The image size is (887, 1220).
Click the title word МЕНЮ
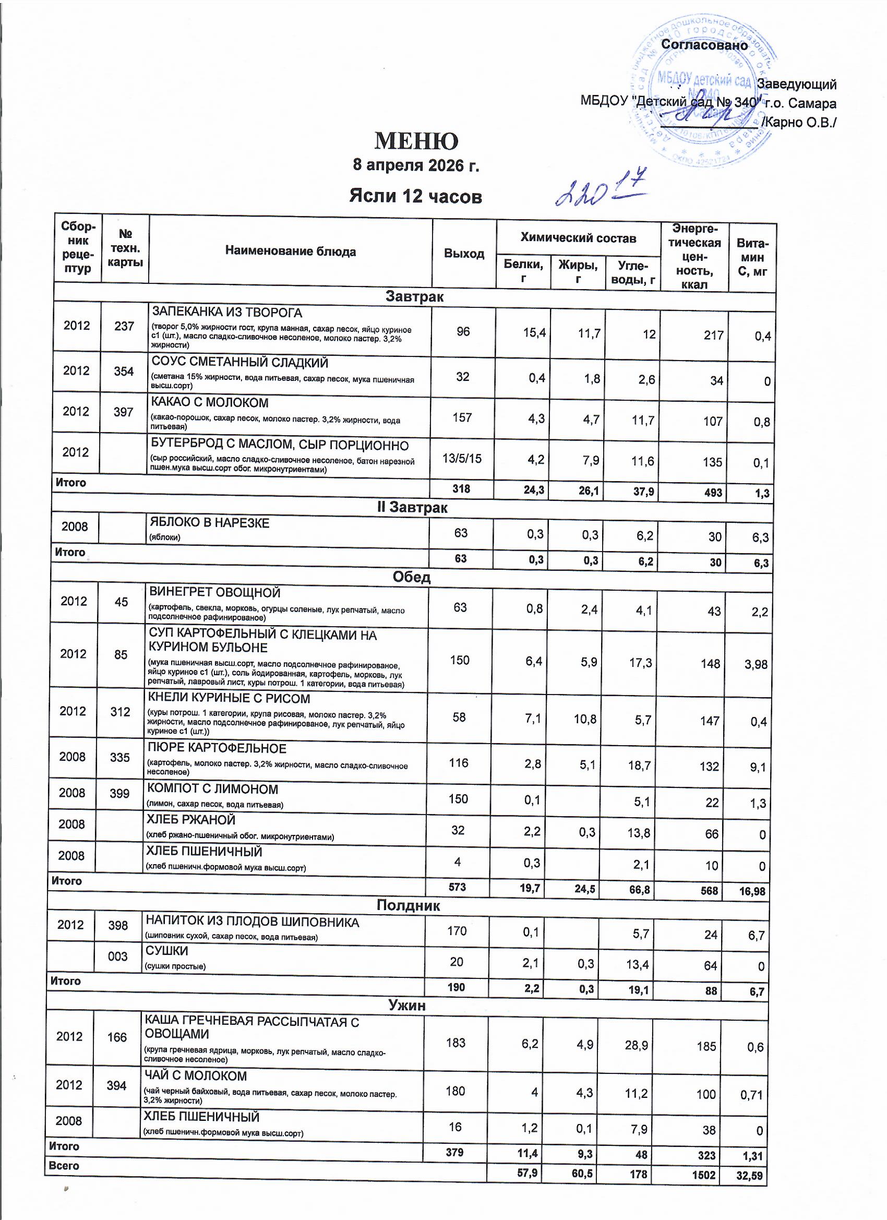coord(416,141)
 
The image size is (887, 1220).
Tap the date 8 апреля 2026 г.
coord(415,165)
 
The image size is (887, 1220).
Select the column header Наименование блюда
coord(291,251)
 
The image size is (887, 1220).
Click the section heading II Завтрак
coord(412,507)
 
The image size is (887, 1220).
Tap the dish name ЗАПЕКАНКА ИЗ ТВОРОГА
coord(227,312)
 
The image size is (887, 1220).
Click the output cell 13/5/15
coord(462,458)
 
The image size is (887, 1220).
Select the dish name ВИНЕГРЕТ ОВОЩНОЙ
coord(214,593)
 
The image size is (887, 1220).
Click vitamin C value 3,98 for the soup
coord(755,664)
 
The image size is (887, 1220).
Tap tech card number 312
coord(120,712)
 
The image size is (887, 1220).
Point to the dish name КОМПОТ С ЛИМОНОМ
coord(212,789)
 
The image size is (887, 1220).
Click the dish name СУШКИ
coord(167,951)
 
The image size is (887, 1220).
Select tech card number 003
coord(118,956)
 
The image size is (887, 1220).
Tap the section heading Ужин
coord(407,1005)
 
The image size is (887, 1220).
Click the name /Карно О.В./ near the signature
coord(798,123)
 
